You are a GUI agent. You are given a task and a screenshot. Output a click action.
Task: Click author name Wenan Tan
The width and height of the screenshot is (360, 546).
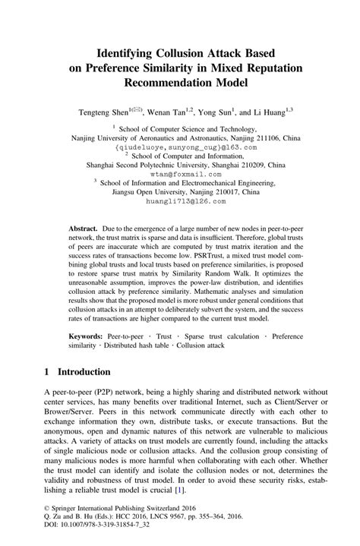165,112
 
